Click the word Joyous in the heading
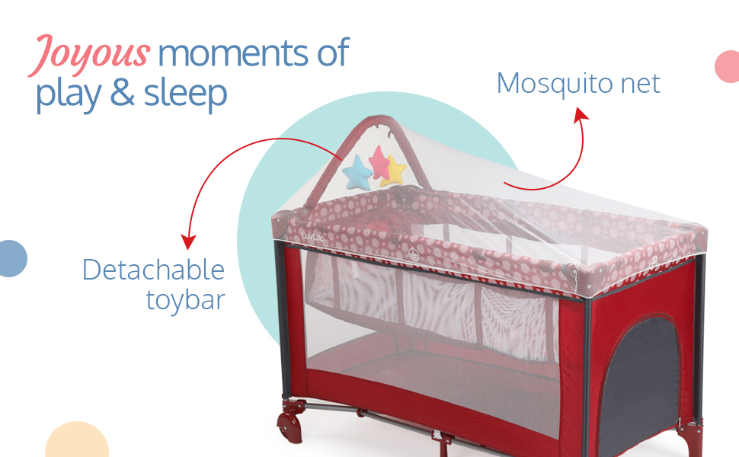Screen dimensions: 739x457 (90, 55)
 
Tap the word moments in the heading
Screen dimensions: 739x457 (234, 53)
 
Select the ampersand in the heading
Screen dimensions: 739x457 (123, 92)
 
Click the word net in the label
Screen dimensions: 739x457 (640, 85)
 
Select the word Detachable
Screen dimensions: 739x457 (153, 270)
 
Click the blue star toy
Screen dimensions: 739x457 (357, 172)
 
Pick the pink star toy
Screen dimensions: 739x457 (379, 161)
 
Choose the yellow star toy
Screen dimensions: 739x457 (395, 171)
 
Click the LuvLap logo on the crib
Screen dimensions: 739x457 (312, 237)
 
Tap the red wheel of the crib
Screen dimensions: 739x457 (290, 427)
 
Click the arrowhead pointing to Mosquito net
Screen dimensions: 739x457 (581, 114)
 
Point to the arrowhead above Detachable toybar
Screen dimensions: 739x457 (188, 241)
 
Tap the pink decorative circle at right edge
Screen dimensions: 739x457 (728, 66)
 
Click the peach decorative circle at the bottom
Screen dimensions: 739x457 (77, 440)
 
